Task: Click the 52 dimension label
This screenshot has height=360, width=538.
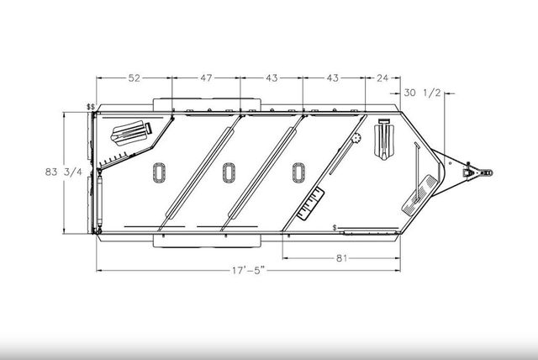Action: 134,78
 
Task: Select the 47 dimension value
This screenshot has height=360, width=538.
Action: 206,78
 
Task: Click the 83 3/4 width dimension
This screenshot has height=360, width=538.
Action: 63,172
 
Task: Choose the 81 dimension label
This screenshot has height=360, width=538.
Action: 342,258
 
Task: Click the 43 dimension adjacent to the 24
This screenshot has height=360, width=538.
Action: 333,78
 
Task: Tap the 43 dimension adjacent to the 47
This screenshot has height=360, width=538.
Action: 271,78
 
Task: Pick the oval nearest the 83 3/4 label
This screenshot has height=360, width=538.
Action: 160,172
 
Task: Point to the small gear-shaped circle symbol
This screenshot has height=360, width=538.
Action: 356,137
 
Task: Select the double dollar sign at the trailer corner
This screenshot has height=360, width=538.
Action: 91,108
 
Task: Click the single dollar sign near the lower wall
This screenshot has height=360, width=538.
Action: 335,228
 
